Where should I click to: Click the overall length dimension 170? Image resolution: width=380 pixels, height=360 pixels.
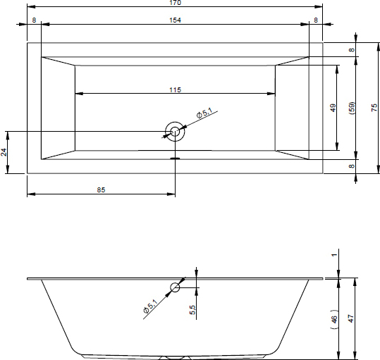[x=176, y=3]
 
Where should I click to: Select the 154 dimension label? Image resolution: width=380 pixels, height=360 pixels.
[x=176, y=20]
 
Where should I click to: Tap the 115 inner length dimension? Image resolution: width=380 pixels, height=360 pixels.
[x=176, y=89]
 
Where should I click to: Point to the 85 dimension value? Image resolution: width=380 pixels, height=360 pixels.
[x=101, y=190]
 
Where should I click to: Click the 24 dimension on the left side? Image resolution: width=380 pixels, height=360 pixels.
[x=4, y=152]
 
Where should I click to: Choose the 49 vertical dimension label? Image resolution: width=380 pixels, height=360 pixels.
[x=333, y=108]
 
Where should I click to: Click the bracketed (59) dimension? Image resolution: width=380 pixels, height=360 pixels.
[x=352, y=108]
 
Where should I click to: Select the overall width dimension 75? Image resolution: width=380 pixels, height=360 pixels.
[x=374, y=108]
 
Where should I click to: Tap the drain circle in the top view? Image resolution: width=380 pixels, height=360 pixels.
[x=175, y=132]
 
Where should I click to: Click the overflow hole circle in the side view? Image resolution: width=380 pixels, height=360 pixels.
[x=175, y=287]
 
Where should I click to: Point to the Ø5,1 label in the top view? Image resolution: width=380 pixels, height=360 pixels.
[x=204, y=113]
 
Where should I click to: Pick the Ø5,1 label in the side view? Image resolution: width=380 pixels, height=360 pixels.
[x=150, y=306]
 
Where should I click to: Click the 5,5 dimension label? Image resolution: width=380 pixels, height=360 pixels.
[x=192, y=310]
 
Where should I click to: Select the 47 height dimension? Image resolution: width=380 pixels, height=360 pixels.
[x=350, y=318]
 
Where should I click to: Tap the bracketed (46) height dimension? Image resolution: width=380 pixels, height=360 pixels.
[x=334, y=319]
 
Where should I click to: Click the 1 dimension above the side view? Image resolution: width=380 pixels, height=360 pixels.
[x=334, y=255]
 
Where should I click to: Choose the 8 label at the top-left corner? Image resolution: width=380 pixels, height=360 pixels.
[x=34, y=20]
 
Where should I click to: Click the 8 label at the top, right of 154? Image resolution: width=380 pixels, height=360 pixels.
[x=316, y=20]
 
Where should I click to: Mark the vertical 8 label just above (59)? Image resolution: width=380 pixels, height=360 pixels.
[x=352, y=49]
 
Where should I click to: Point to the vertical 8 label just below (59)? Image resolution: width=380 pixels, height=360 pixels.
[x=352, y=166]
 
